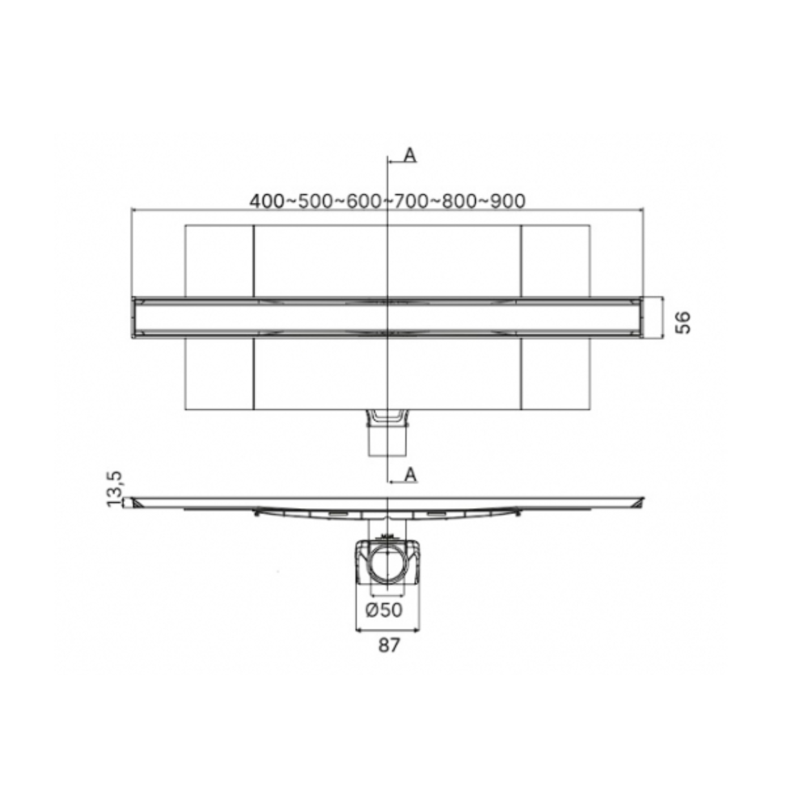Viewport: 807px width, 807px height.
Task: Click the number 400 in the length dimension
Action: coord(267,201)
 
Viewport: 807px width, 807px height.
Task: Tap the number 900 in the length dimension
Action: coord(507,201)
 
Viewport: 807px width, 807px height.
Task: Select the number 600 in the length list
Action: coord(363,201)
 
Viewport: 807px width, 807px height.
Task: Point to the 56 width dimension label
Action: coord(683,322)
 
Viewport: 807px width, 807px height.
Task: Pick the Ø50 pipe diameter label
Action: coord(384,609)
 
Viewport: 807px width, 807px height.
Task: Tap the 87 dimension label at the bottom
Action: coord(389,645)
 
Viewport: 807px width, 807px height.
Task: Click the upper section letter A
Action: coord(410,156)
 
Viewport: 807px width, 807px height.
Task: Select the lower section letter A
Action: coord(411,475)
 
